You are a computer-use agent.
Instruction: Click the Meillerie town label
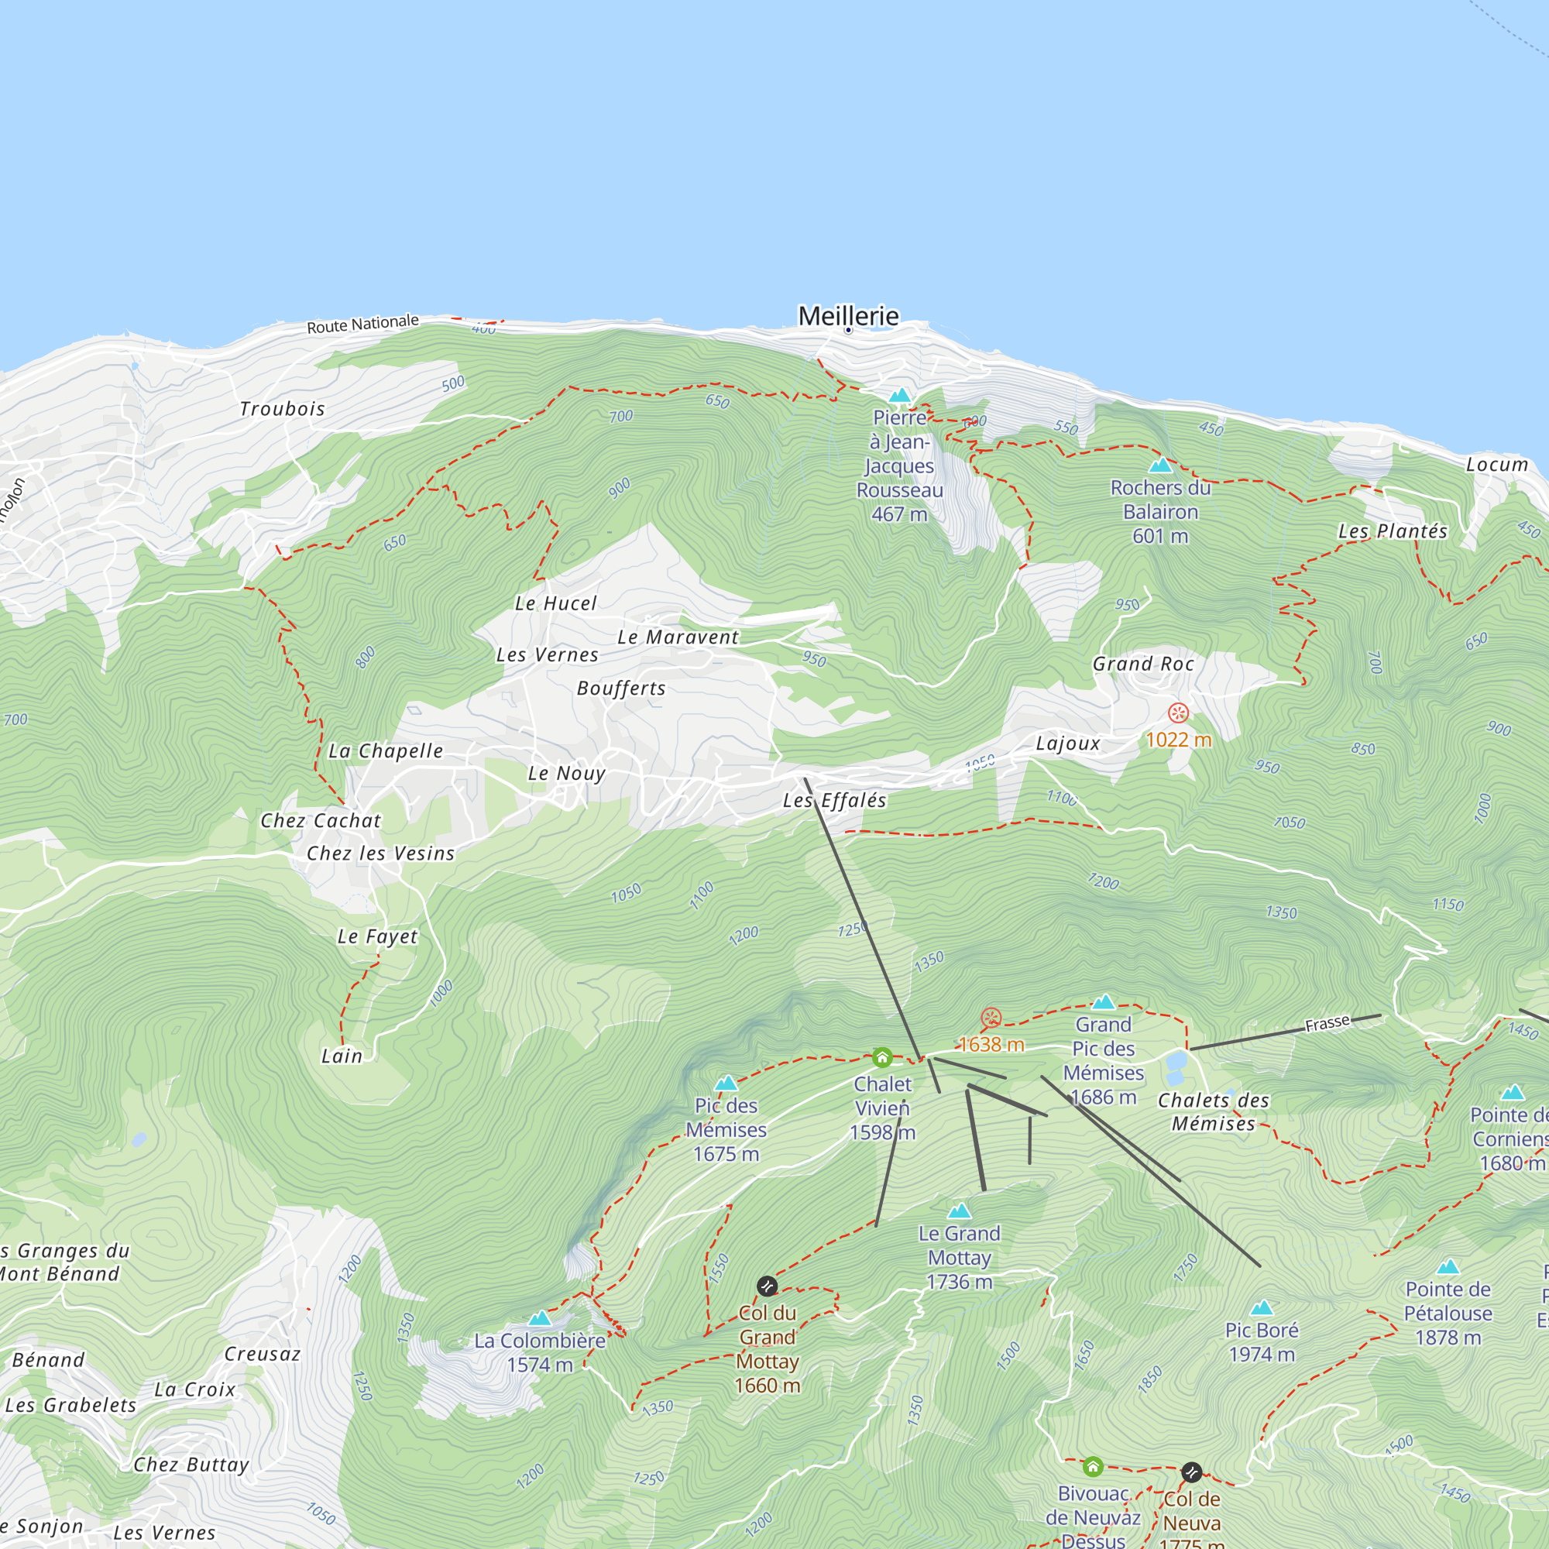tap(848, 316)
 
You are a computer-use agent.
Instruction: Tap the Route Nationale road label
tap(362, 324)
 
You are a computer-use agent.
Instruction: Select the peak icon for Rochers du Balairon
tap(1160, 465)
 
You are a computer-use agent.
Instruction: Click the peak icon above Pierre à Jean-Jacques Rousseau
tap(899, 395)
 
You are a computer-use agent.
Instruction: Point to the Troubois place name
tap(282, 409)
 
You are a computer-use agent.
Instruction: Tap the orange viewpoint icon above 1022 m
tap(1178, 712)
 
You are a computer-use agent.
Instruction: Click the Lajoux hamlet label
tap(1068, 744)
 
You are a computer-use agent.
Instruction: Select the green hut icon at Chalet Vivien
tap(882, 1057)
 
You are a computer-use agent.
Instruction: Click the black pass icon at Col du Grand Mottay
tap(768, 1286)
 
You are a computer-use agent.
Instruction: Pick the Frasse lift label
tap(1327, 1024)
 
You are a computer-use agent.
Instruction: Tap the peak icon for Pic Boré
tap(1261, 1308)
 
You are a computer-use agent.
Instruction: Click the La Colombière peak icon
tap(540, 1319)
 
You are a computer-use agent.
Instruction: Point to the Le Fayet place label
tap(377, 936)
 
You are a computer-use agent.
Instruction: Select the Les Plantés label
tap(1393, 531)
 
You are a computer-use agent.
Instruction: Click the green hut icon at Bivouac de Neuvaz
tap(1093, 1467)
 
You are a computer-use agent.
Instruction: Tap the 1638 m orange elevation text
tap(991, 1045)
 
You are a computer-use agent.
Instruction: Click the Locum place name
tap(1496, 465)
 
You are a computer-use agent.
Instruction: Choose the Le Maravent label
tap(678, 637)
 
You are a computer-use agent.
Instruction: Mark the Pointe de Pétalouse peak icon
tap(1448, 1268)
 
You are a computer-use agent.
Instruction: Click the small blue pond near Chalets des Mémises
tap(1176, 1063)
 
